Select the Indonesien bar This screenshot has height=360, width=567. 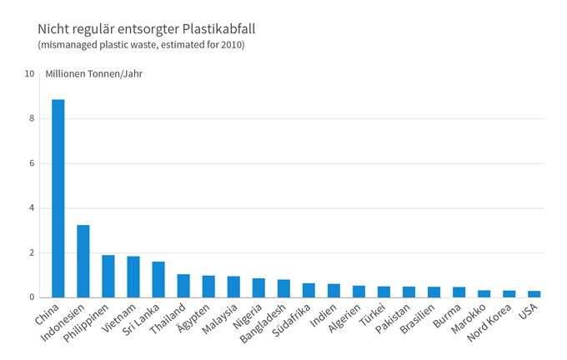coord(83,261)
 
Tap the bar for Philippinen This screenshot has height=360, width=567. coord(108,276)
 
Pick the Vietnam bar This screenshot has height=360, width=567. coord(133,277)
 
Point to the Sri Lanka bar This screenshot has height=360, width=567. coord(158,279)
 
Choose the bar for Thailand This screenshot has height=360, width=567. coord(183,286)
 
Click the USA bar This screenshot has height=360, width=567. coord(534,294)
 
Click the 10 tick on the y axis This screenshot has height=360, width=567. coord(29,73)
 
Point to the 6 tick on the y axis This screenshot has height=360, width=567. coord(32,163)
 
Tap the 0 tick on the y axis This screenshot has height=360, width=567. coord(32,297)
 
